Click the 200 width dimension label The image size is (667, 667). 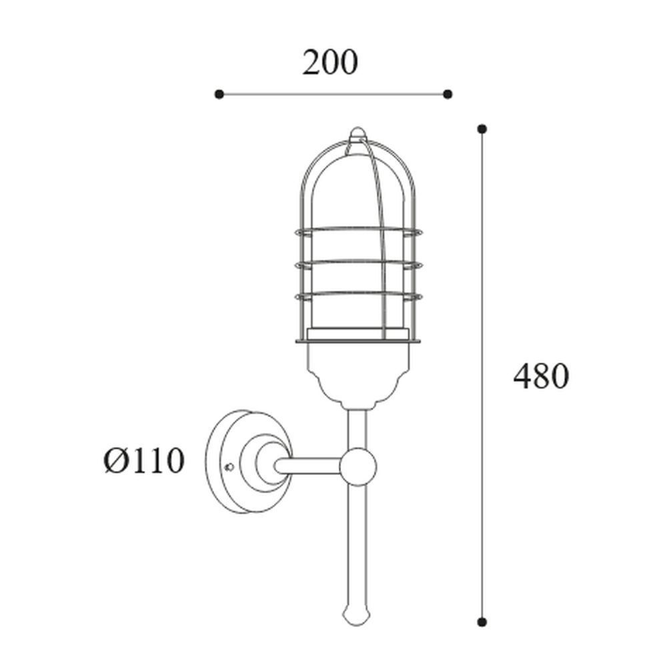(x=330, y=63)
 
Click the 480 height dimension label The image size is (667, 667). (x=540, y=377)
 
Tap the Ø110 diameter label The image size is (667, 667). (x=143, y=461)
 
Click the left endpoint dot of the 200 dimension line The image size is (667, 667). (x=219, y=94)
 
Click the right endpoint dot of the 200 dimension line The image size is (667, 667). (x=448, y=94)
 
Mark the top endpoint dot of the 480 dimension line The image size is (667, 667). (x=482, y=128)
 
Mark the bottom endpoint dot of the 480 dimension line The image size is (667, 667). (x=482, y=622)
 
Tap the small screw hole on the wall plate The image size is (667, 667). (x=229, y=467)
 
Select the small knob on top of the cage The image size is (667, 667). (x=358, y=132)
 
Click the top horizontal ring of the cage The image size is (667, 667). (x=357, y=231)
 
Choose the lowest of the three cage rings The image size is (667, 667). (x=357, y=294)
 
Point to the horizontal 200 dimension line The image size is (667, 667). (x=333, y=94)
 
